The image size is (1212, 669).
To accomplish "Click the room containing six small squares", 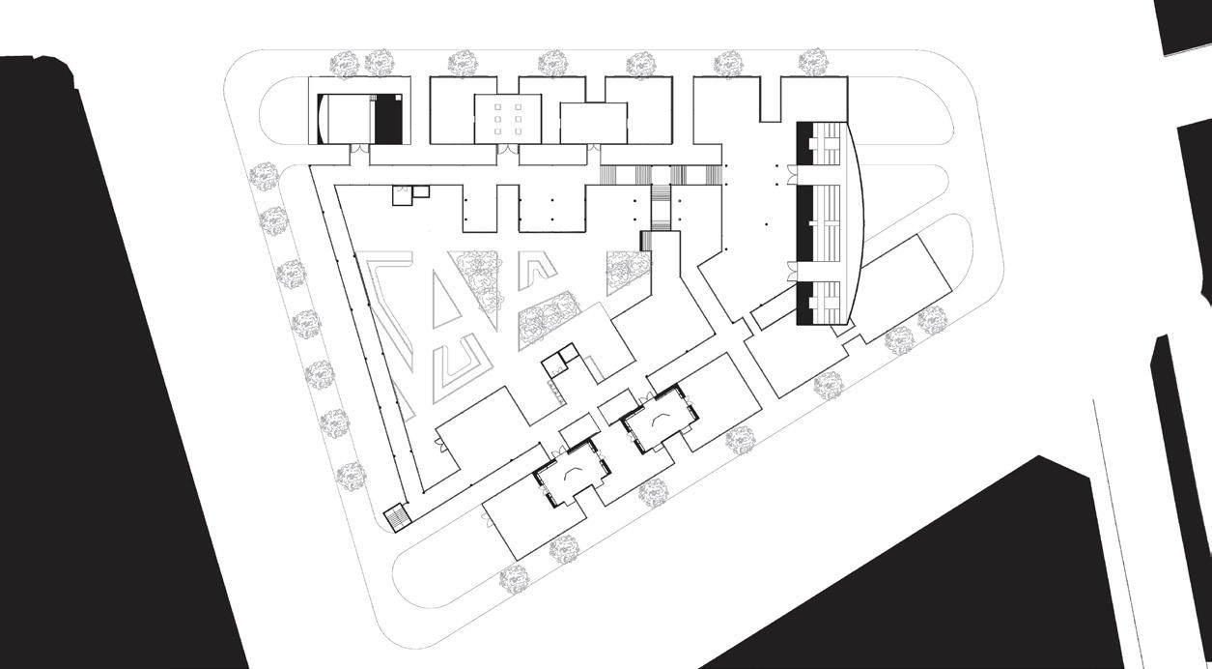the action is point(508,119).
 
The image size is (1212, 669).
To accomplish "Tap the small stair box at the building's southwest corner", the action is point(397,518).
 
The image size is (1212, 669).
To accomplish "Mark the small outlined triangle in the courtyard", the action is point(445,289).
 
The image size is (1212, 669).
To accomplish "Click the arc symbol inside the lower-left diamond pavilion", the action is point(572,472).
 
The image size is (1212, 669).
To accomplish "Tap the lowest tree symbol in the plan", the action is point(514,579).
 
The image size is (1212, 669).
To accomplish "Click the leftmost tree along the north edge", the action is point(345,64).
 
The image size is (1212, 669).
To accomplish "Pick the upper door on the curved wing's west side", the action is point(791,176).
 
